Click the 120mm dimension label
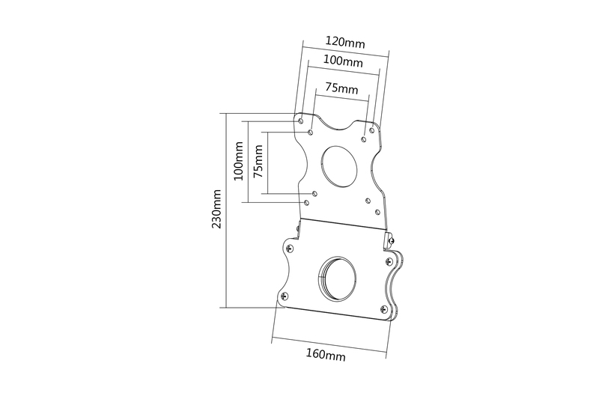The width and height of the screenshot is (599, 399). pos(345,42)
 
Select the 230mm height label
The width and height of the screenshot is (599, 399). pos(216,208)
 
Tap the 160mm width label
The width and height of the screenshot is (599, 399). pos(326,355)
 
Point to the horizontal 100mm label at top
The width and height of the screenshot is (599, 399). pos(343,61)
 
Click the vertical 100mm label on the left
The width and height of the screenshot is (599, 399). pos(238,161)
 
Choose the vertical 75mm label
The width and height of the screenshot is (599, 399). pos(258,161)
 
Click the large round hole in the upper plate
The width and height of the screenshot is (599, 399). pos(340,166)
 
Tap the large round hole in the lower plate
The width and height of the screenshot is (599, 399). pos(338,278)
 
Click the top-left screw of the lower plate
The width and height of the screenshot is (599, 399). pos(290,248)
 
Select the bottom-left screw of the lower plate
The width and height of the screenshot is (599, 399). pos(284,295)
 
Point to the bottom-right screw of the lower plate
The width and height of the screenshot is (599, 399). pos(384,309)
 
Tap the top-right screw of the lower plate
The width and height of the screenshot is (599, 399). pos(389,261)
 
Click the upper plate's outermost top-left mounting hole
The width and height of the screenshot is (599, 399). pos(301,121)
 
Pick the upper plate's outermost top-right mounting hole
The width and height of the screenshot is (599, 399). pos(371,130)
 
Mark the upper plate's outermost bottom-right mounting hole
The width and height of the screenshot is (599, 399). pos(377,212)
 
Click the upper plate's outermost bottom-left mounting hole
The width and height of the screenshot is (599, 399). pos(306,202)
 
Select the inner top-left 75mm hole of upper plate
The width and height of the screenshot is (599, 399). pos(311,132)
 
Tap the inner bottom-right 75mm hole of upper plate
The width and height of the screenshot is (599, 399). pos(368,201)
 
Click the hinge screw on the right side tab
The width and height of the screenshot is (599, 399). pos(391,240)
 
